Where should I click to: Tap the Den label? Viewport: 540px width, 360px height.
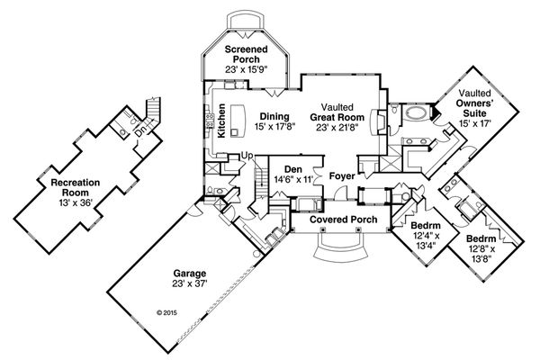pyautogui.click(x=292, y=168)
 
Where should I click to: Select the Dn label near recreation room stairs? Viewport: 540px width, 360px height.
pyautogui.click(x=140, y=128)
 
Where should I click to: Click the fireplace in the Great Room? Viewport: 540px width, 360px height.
pyautogui.click(x=379, y=122)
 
